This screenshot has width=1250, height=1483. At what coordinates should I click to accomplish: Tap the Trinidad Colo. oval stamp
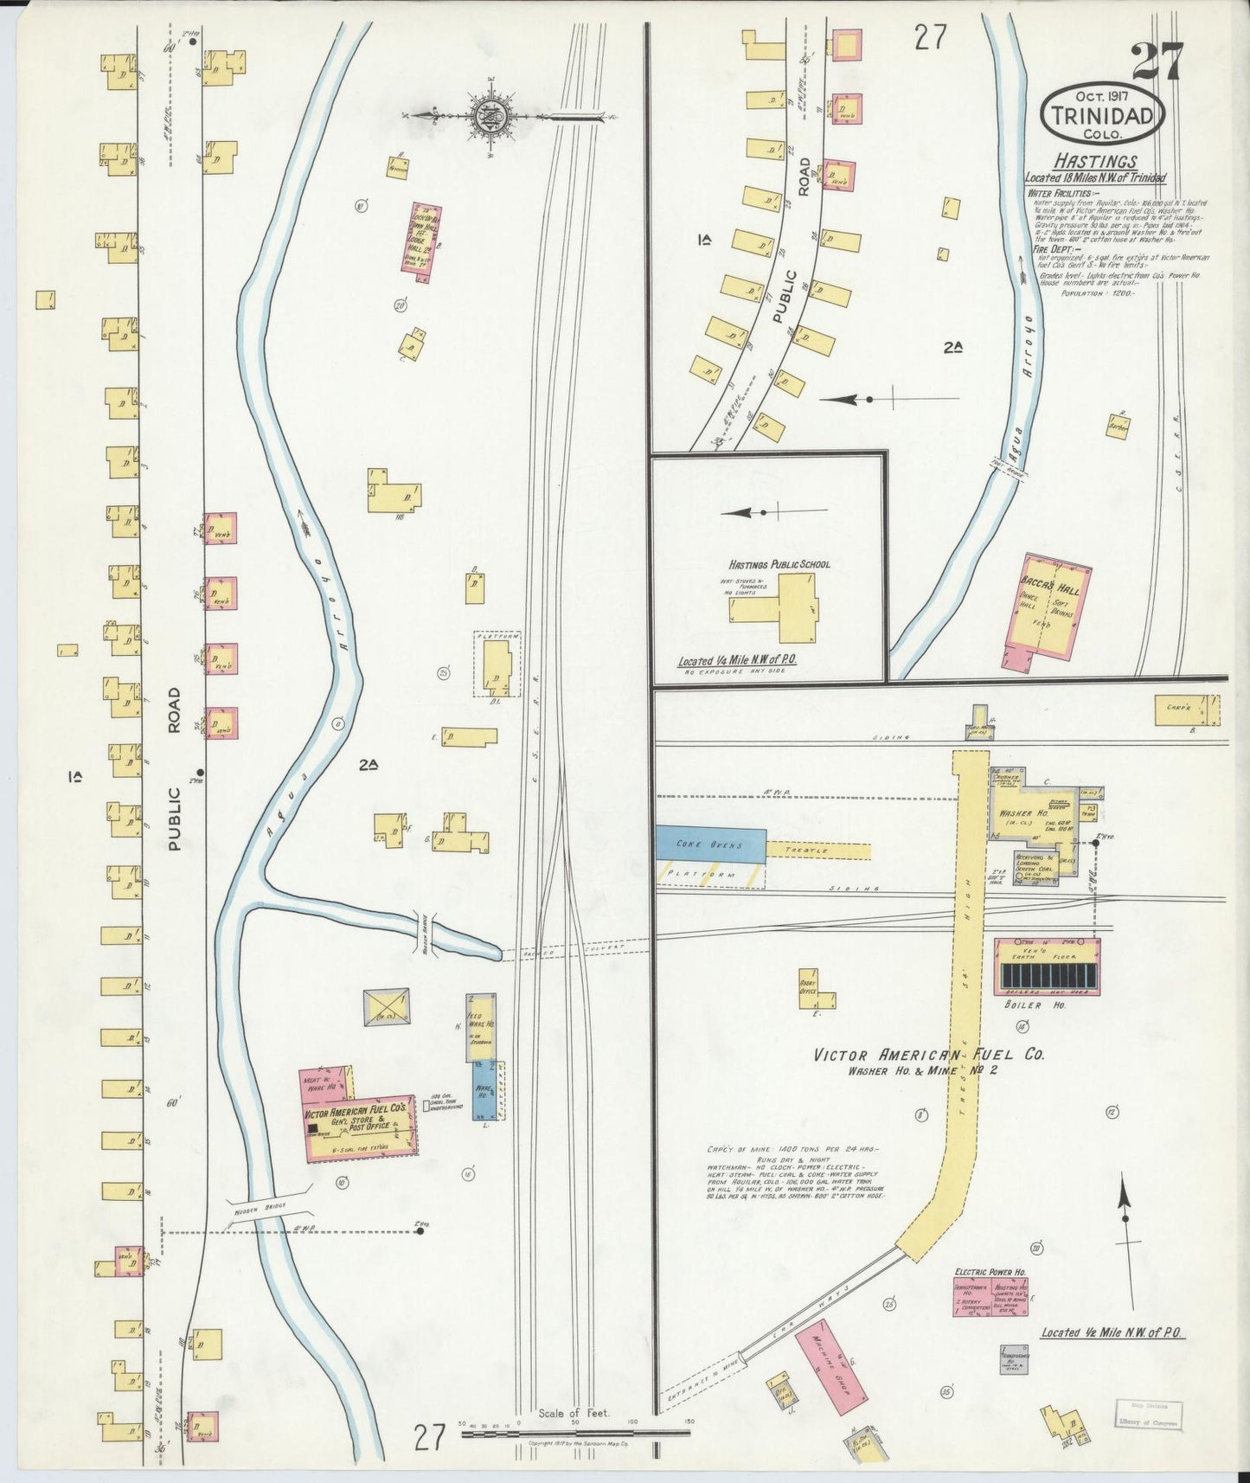click(x=1103, y=115)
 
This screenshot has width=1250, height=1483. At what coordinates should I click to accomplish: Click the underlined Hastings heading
click(x=1094, y=162)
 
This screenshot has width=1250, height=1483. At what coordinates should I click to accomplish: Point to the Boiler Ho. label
click(x=1047, y=1005)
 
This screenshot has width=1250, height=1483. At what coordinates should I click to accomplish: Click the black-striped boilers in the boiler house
click(x=1048, y=978)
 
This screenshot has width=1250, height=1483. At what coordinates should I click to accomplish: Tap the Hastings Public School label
click(x=779, y=564)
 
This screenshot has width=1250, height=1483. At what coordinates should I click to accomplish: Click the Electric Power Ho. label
click(x=990, y=1272)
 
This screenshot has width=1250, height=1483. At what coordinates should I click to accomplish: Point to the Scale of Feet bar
click(x=575, y=1434)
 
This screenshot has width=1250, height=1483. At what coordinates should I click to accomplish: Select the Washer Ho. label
click(x=1023, y=814)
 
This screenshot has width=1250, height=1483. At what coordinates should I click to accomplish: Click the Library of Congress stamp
click(x=1147, y=1413)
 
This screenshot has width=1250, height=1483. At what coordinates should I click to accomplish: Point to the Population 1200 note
click(x=1098, y=293)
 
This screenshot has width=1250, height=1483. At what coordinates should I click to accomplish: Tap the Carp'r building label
click(x=1174, y=708)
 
